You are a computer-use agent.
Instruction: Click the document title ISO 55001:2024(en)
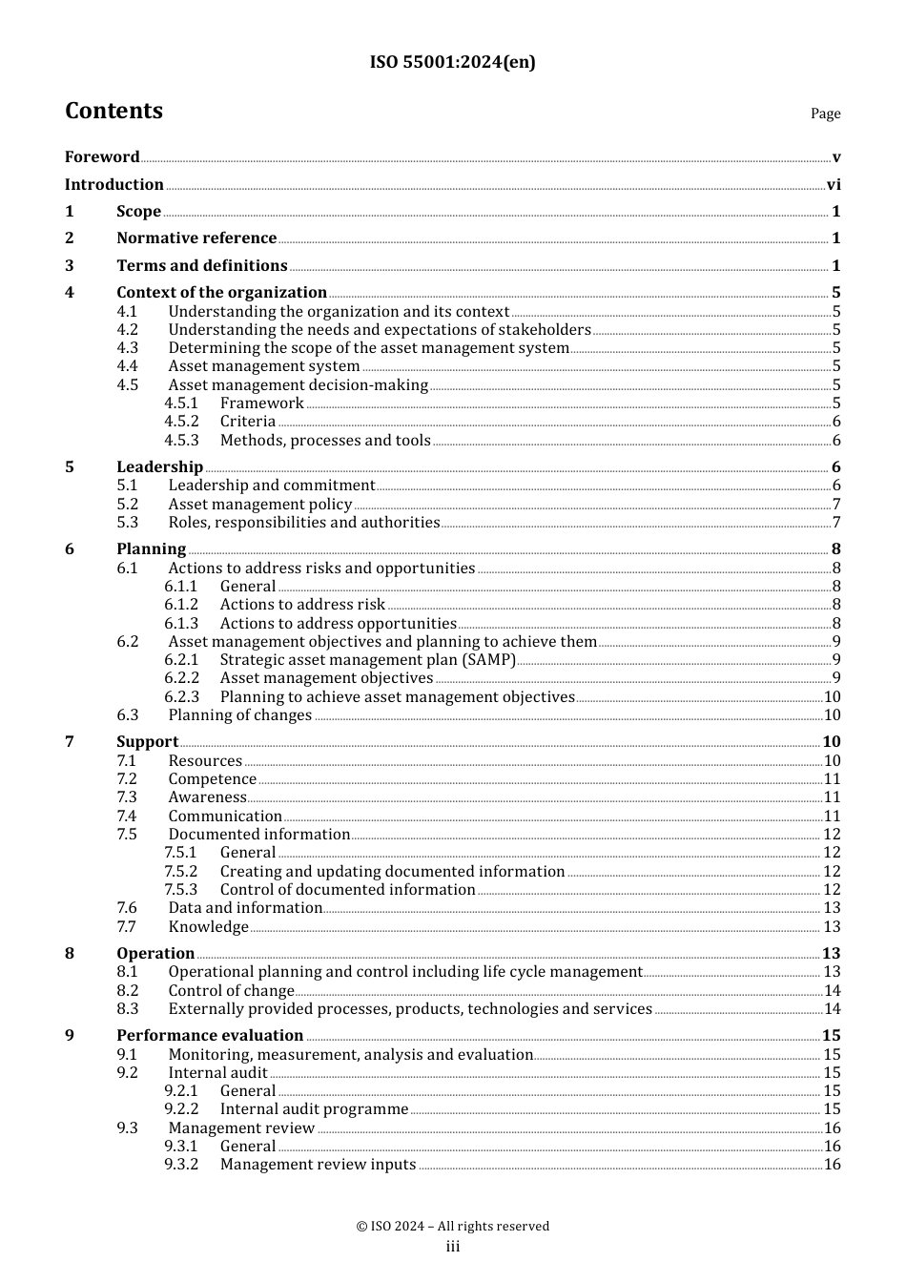pyautogui.click(x=452, y=62)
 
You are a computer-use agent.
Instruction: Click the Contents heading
pyautogui.click(x=113, y=111)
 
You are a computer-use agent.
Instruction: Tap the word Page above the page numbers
pyautogui.click(x=825, y=114)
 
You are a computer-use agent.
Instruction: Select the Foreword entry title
pyautogui.click(x=102, y=157)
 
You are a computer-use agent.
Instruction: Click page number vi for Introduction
pyautogui.click(x=834, y=185)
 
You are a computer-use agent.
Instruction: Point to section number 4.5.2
pyautogui.click(x=181, y=422)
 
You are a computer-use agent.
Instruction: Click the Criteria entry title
pyautogui.click(x=248, y=422)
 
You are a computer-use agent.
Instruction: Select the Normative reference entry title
pyautogui.click(x=196, y=238)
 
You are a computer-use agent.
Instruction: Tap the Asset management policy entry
pyautogui.click(x=260, y=504)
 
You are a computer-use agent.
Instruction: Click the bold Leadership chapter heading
pyautogui.click(x=159, y=466)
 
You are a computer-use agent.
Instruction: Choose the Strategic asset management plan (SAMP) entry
pyautogui.click(x=368, y=660)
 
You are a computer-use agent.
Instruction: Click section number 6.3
pyautogui.click(x=128, y=715)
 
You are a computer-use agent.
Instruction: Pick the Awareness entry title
pyautogui.click(x=207, y=797)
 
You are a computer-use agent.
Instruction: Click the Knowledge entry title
pyautogui.click(x=208, y=927)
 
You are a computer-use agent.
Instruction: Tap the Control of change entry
pyautogui.click(x=232, y=991)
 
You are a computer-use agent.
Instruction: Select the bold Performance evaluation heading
pyautogui.click(x=210, y=1036)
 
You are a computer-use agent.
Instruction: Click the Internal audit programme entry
pyautogui.click(x=314, y=1109)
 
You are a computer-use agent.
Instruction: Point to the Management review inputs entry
pyautogui.click(x=318, y=1165)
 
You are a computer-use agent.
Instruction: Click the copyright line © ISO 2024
pyautogui.click(x=452, y=1227)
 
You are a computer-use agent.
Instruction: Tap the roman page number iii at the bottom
pyautogui.click(x=452, y=1247)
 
